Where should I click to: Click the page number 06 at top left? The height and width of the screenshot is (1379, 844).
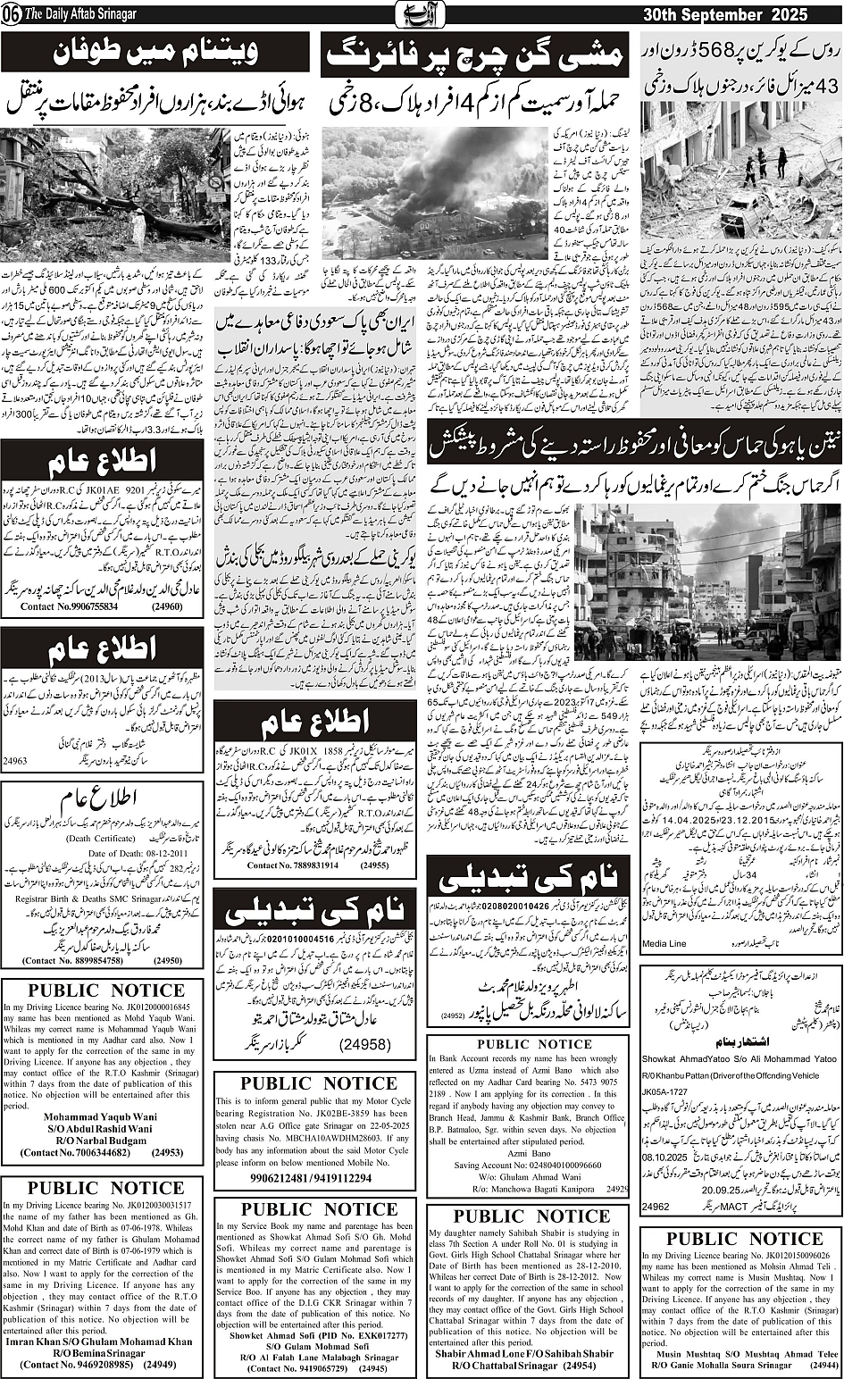[12, 15]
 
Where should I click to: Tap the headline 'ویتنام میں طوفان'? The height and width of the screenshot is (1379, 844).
[155, 54]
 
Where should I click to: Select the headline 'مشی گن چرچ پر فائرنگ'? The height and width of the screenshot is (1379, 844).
[474, 55]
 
